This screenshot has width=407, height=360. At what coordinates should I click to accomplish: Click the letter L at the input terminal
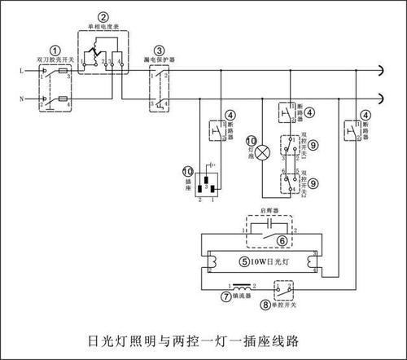coord(21,71)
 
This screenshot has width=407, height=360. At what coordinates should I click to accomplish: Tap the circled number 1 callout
coord(55,50)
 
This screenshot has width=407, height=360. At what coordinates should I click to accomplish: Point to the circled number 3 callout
coord(160,50)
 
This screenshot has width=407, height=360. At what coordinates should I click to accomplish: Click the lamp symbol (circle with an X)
coord(263,151)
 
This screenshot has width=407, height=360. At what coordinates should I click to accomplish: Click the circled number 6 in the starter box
coord(281,240)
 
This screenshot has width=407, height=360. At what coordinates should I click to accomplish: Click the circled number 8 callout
coord(268,306)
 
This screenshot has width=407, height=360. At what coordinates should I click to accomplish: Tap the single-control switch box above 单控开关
coord(285,288)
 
